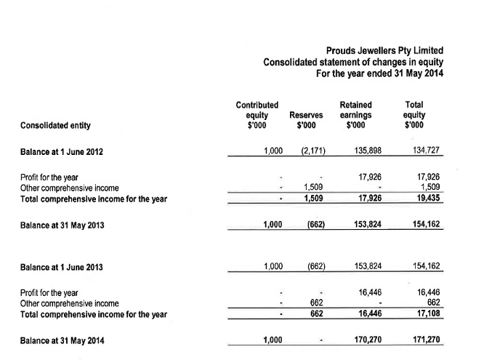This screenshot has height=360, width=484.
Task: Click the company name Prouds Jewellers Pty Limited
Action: (x=384, y=51)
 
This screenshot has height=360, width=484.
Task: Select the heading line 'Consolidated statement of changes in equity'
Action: (x=352, y=63)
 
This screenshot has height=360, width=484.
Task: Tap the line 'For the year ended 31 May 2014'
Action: (x=379, y=74)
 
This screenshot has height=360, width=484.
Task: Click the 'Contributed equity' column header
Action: (x=257, y=115)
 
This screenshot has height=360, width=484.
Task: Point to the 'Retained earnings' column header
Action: (x=355, y=115)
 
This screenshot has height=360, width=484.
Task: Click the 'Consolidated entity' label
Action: (x=56, y=125)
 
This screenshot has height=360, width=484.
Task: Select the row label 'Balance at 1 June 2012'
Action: (x=62, y=152)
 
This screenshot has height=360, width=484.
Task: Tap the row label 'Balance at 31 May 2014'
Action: (x=62, y=340)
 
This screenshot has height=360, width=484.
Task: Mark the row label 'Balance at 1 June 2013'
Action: (x=62, y=267)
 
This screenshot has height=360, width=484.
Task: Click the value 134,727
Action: (x=424, y=151)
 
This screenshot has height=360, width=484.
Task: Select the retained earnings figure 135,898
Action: (x=366, y=151)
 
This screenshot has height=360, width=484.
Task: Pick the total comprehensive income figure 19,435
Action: (x=427, y=198)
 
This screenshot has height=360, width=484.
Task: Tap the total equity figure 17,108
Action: (x=427, y=313)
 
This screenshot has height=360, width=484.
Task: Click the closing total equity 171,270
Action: (x=424, y=340)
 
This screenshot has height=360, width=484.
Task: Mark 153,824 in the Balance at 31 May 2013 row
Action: (x=366, y=225)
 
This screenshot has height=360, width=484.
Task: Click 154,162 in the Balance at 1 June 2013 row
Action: (x=424, y=266)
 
